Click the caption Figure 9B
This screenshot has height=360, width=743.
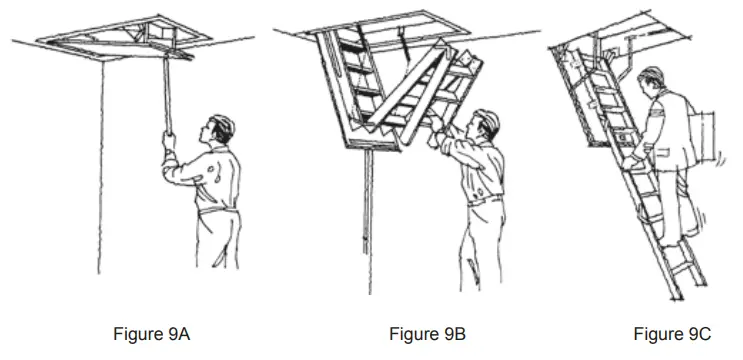428,334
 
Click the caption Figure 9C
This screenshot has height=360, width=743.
672,334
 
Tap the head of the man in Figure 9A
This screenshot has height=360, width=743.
221,129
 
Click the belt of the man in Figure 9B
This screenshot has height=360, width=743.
486,199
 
